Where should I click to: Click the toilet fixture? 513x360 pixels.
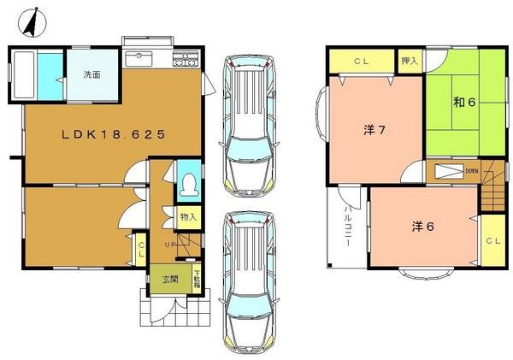pos(189,185)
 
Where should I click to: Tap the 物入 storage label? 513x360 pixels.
pos(188,217)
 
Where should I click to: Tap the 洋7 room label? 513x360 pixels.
pos(373,130)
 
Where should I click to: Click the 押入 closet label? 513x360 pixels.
pos(410,61)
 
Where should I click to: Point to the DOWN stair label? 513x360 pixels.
pos(471,170)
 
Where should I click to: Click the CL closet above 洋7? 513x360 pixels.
pos(363,61)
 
